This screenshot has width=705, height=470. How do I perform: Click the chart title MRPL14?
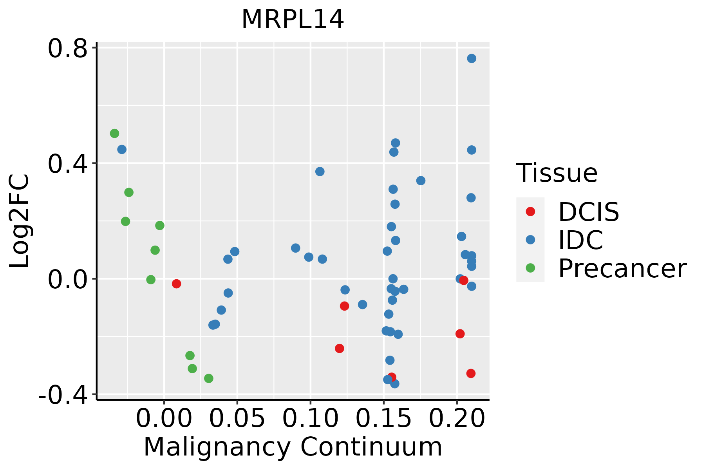point(293,20)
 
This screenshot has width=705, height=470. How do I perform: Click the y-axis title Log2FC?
point(20,221)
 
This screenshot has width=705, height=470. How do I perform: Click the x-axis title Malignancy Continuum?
point(293,447)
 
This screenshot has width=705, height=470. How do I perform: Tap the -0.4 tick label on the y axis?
point(63,396)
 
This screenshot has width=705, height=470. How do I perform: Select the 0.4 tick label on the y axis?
point(67,164)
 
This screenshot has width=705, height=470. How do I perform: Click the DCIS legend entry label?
point(588,212)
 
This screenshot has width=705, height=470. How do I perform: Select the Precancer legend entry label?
point(622,269)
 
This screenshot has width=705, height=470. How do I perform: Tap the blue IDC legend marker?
point(530,240)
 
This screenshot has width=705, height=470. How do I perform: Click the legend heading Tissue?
point(557,173)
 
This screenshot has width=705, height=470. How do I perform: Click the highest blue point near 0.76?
point(472,58)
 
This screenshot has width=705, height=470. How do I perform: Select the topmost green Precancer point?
point(114,134)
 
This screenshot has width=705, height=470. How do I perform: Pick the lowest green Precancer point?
point(209,378)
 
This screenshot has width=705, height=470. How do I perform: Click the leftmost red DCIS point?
point(177,284)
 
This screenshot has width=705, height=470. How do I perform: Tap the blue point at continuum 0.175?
point(421,181)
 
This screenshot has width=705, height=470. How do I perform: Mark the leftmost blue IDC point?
point(122,150)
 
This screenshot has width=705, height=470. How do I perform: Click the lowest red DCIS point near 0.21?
point(471,374)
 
